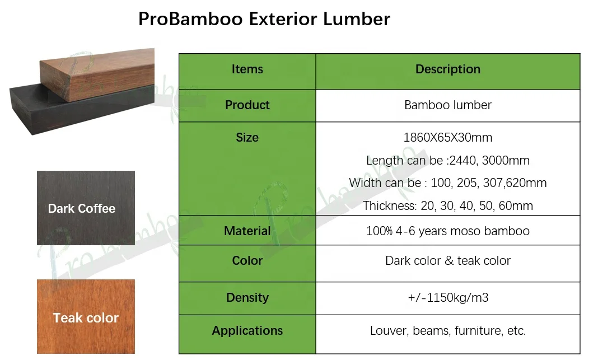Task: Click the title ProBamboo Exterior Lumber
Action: (264, 19)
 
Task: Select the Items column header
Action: (247, 69)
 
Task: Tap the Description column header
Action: (447, 69)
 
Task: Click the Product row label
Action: (247, 105)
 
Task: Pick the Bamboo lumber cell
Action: (447, 105)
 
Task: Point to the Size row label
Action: (247, 138)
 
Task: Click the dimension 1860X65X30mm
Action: (447, 138)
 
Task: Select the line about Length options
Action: (447, 161)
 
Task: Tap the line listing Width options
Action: (447, 183)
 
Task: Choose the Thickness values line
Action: (447, 206)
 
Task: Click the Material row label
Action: (247, 231)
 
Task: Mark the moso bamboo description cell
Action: (447, 231)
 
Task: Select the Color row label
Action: (247, 261)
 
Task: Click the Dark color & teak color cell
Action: (447, 261)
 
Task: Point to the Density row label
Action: (247, 298)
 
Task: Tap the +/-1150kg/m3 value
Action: (447, 298)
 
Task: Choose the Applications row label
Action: (247, 331)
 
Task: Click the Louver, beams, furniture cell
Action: (447, 331)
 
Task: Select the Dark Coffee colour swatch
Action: (86, 208)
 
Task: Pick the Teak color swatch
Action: (86, 317)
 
